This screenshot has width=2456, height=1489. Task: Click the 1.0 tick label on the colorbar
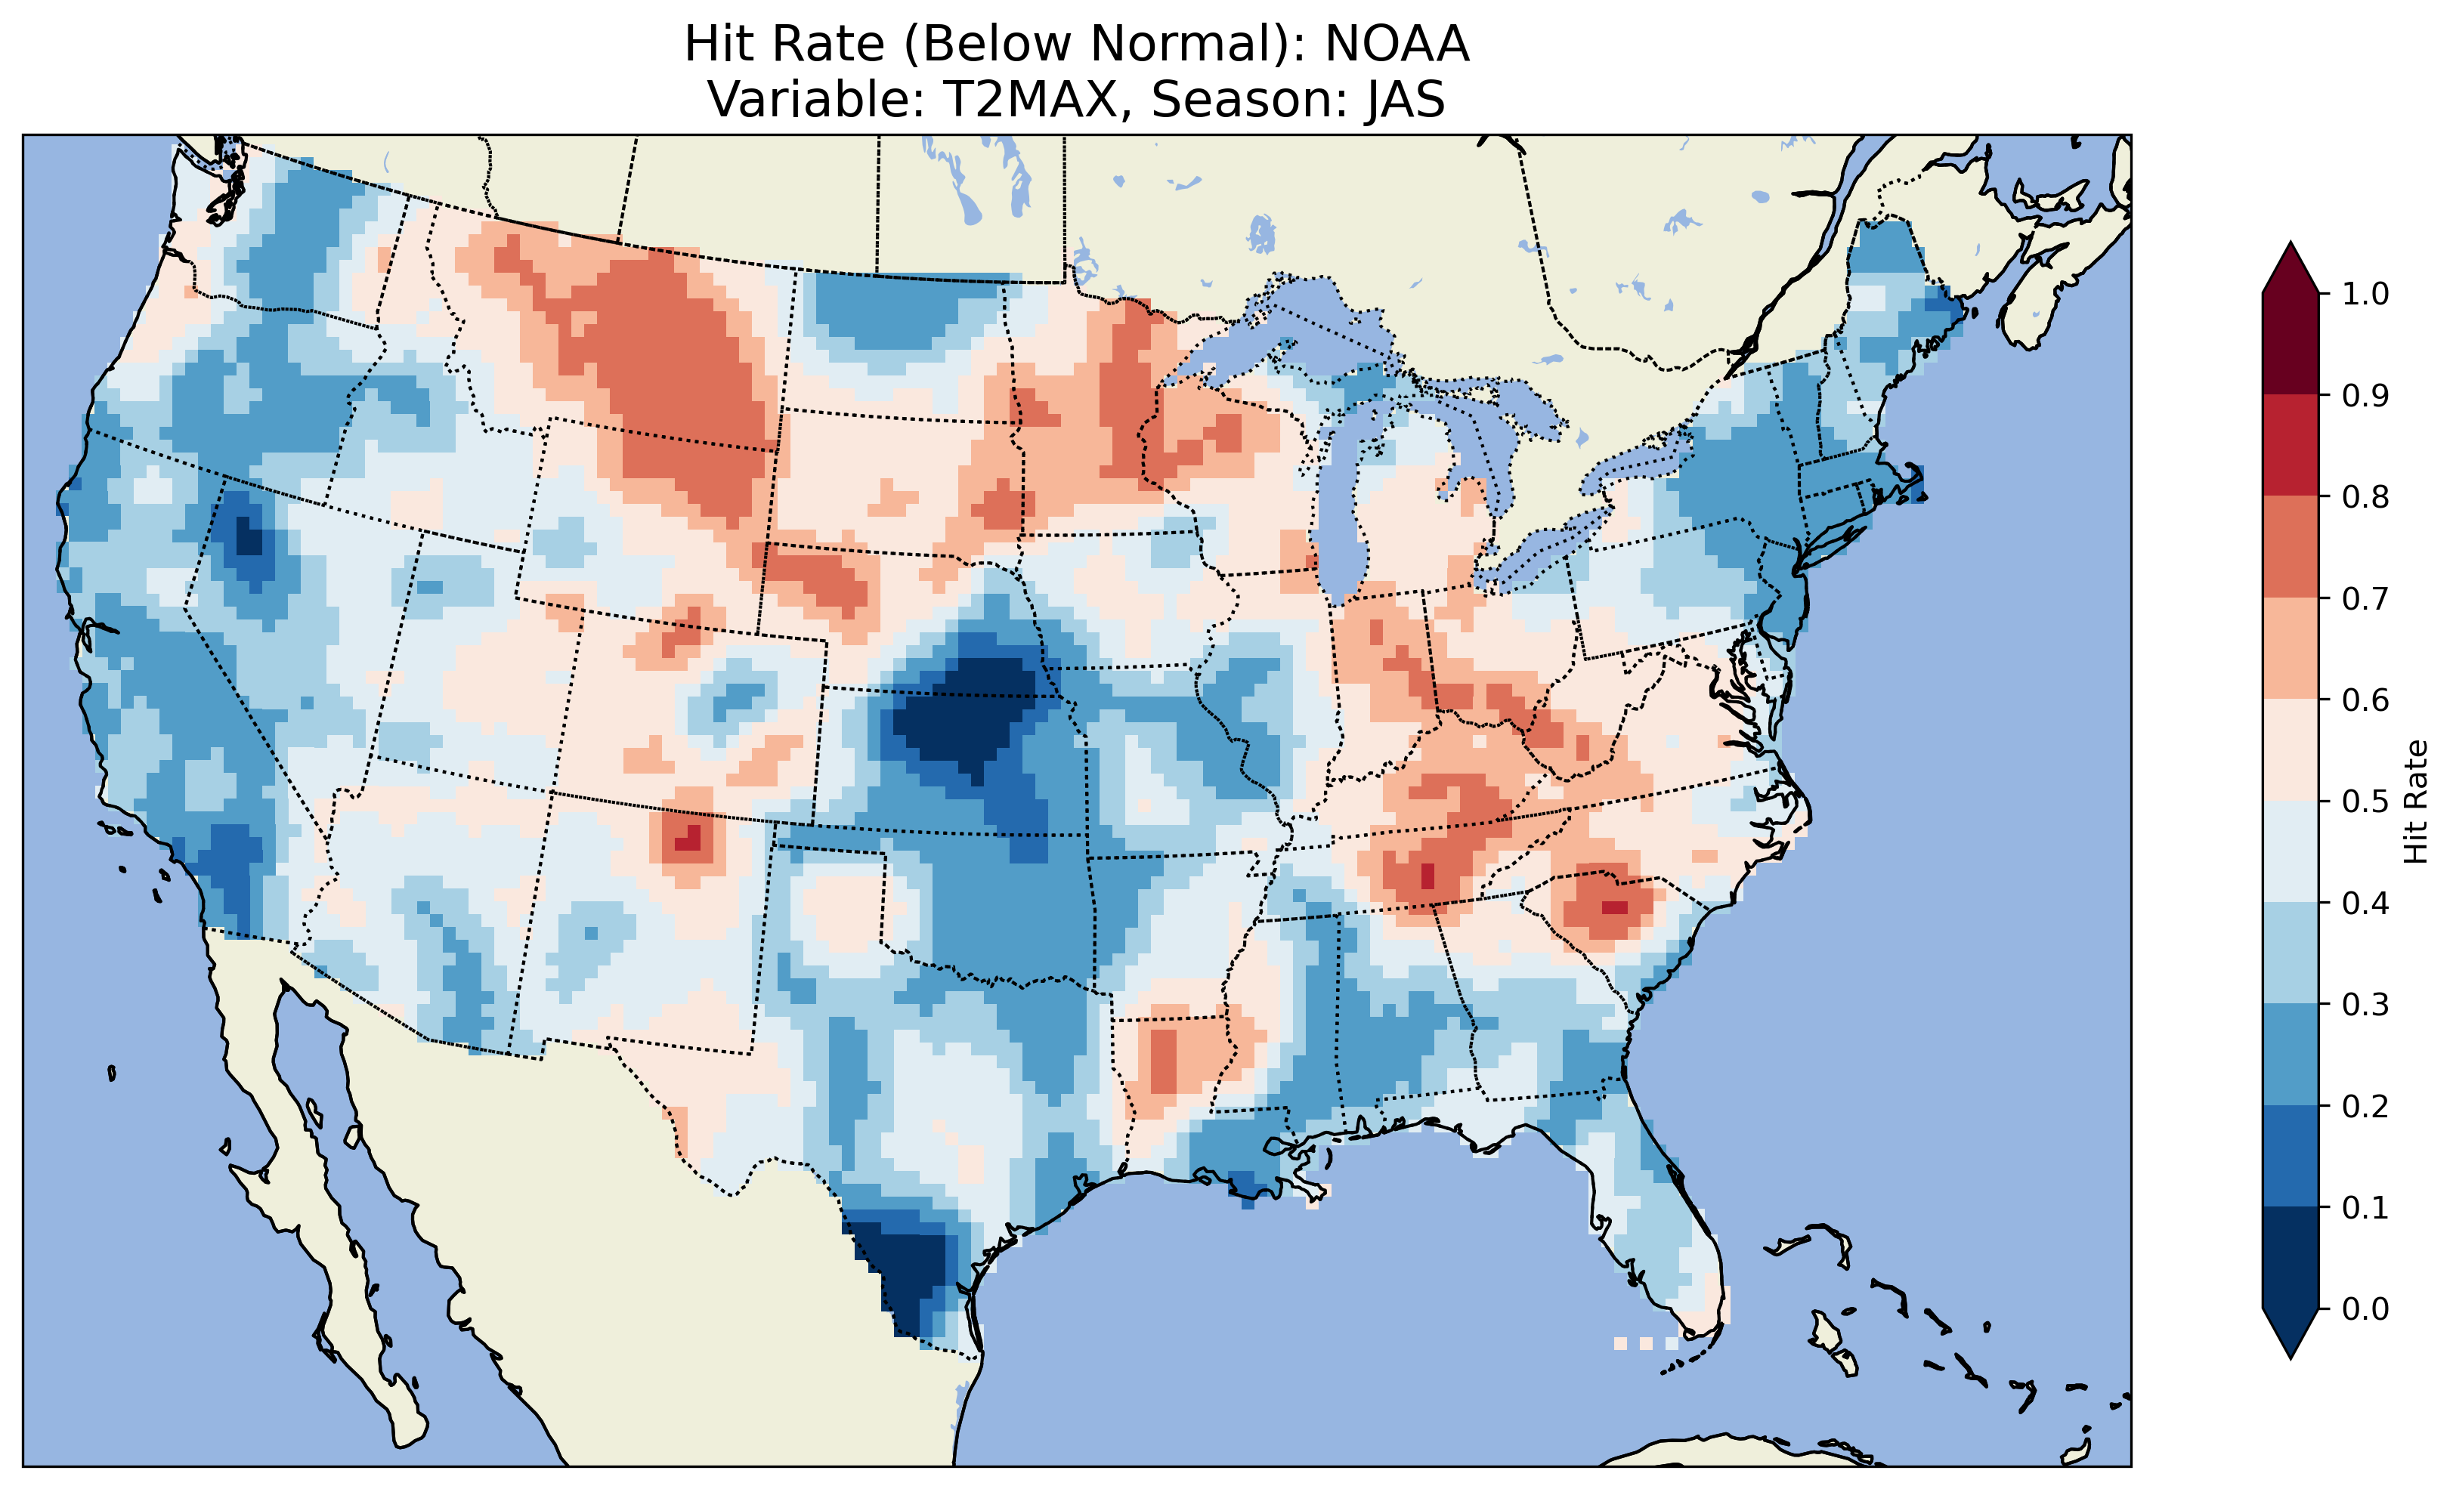pos(2365,294)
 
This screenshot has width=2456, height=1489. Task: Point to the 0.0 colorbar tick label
pos(2365,1308)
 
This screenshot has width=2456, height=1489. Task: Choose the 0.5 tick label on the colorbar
pos(2365,802)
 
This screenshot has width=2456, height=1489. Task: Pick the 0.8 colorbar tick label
pos(2365,496)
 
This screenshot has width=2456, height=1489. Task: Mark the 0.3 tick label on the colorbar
pos(2365,1005)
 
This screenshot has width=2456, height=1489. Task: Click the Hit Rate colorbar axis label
pos(2416,802)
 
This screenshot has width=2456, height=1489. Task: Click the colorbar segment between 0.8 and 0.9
pos(2291,446)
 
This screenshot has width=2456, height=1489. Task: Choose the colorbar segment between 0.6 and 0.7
pos(2291,649)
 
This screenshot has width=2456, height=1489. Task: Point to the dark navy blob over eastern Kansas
pos(967,718)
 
